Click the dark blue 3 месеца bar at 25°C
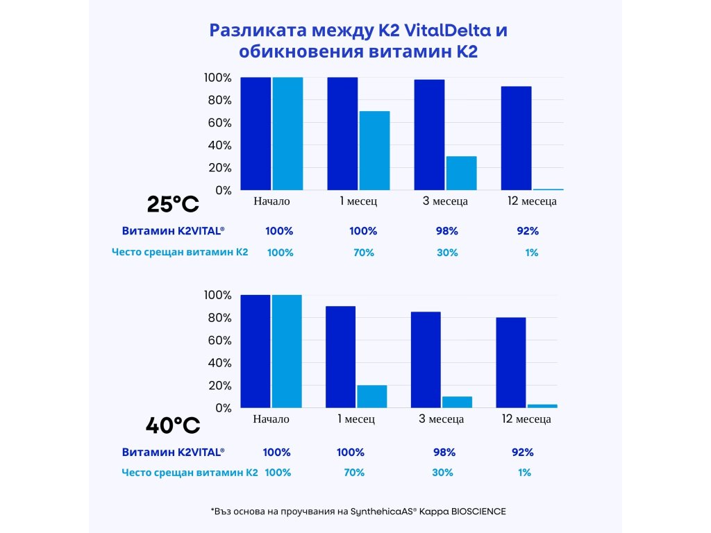[429, 135]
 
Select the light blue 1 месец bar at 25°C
[374, 151]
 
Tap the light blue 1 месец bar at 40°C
[371, 396]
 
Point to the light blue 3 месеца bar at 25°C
[461, 173]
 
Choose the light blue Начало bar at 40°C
[287, 351]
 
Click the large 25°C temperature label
[173, 204]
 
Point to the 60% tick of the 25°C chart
[217, 123]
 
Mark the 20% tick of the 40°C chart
[217, 385]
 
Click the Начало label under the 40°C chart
[271, 419]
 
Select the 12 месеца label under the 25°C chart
[532, 201]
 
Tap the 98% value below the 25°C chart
[446, 231]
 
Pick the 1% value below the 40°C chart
[524, 472]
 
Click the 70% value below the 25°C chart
[364, 253]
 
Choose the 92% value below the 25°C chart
[528, 231]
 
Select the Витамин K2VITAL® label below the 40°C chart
[173, 452]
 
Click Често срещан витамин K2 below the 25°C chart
[180, 252]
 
